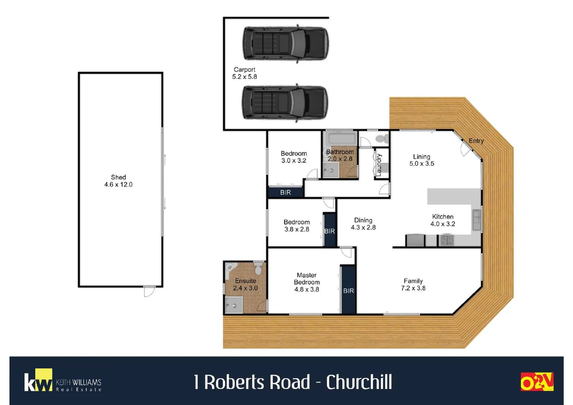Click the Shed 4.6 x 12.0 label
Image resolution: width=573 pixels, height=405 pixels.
tap(118, 181)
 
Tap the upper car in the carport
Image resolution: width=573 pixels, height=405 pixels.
tap(286, 43)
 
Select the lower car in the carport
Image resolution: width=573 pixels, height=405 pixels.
tap(285, 102)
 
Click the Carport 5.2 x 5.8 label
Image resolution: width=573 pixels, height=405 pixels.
tap(244, 73)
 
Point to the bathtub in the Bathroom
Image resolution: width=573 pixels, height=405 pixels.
tap(341, 138)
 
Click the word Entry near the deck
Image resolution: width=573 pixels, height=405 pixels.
tap(476, 141)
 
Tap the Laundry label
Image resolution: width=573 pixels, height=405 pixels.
tap(379, 165)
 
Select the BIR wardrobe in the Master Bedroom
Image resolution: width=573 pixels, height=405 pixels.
tap(348, 289)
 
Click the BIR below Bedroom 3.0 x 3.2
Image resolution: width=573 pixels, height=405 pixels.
tap(285, 192)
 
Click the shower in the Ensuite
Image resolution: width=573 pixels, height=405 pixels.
tap(233, 305)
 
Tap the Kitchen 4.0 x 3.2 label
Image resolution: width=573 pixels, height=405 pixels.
tap(443, 220)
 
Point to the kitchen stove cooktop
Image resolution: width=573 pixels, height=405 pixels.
tap(446, 240)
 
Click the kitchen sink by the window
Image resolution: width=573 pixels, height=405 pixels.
tap(476, 220)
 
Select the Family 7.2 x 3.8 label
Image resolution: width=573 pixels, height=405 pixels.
tap(413, 284)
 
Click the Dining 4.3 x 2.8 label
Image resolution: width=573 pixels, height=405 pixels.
tap(363, 224)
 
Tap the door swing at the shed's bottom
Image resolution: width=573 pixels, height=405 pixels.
tap(149, 291)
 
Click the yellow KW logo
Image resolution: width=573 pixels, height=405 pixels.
tap(39, 380)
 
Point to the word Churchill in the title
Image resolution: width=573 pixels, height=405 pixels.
tap(359, 382)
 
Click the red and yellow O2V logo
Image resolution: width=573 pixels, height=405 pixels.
tap(537, 382)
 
